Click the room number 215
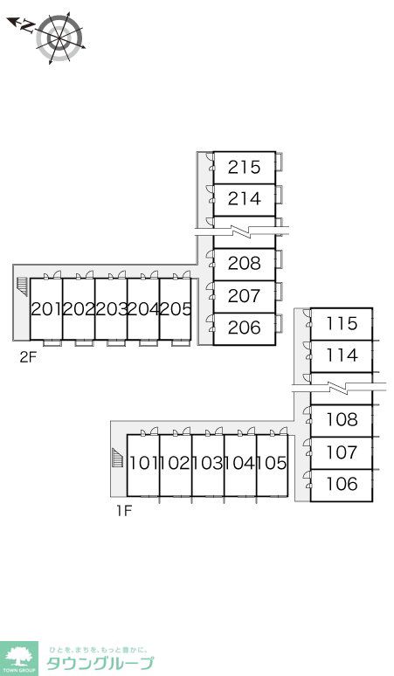click(245, 168)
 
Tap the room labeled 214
click(245, 199)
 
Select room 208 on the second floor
click(245, 264)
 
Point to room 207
click(245, 296)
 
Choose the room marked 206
click(245, 328)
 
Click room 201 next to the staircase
click(46, 308)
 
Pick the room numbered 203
click(111, 308)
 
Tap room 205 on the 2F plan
click(176, 308)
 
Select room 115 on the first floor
click(342, 324)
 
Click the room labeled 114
click(342, 356)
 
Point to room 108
click(342, 420)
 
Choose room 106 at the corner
click(342, 485)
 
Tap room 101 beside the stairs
click(143, 465)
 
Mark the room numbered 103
click(208, 465)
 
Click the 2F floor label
click(27, 357)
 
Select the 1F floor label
click(124, 511)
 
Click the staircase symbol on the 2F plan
click(22, 286)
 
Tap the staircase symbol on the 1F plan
click(117, 458)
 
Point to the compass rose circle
click(59, 38)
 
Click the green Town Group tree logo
click(19, 658)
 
